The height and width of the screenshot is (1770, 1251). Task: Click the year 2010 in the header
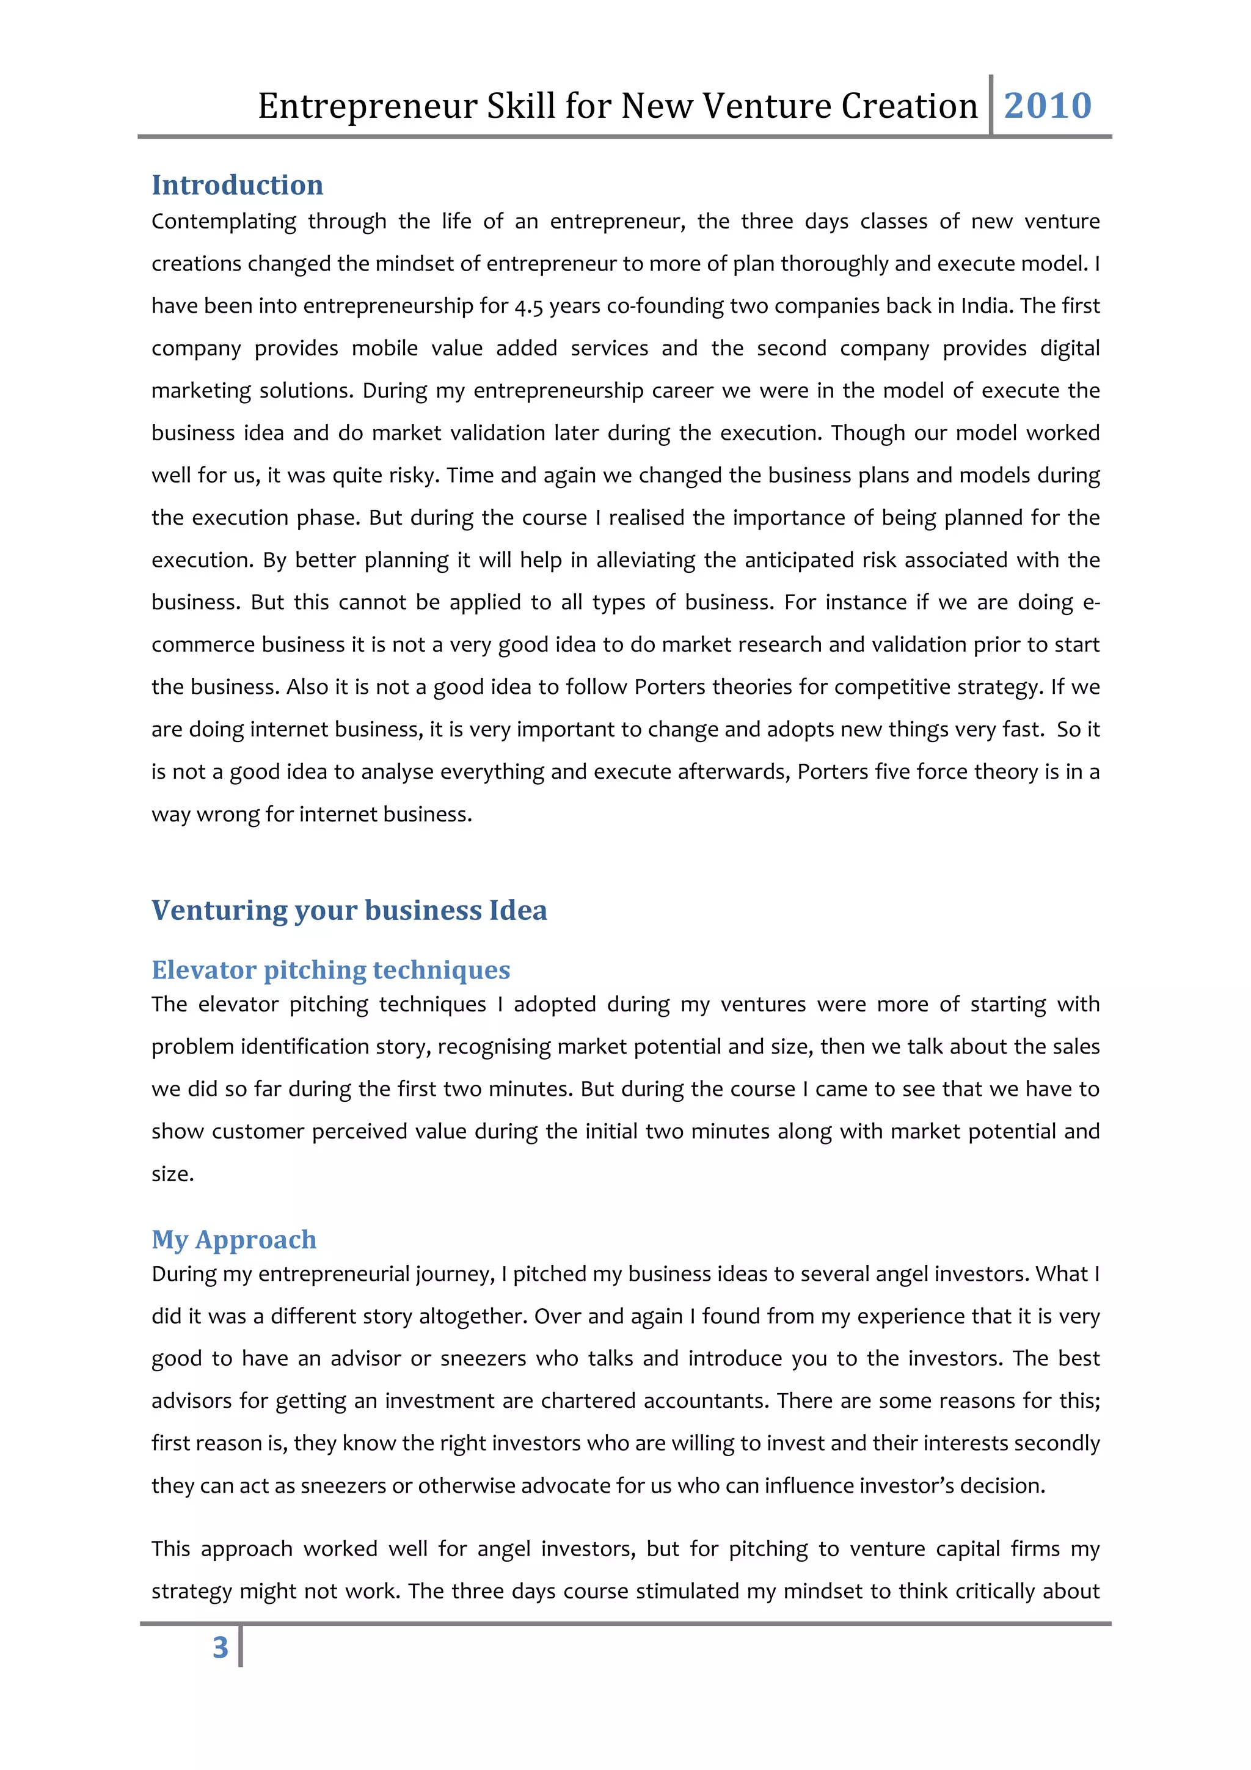click(1047, 106)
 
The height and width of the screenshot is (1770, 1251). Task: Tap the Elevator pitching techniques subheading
click(330, 969)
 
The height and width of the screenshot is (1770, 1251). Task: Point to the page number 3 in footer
click(221, 1647)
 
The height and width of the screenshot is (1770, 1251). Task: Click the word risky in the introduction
click(412, 476)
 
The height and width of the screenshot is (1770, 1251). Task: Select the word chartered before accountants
click(588, 1400)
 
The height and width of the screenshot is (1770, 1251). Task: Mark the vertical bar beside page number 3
click(241, 1647)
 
